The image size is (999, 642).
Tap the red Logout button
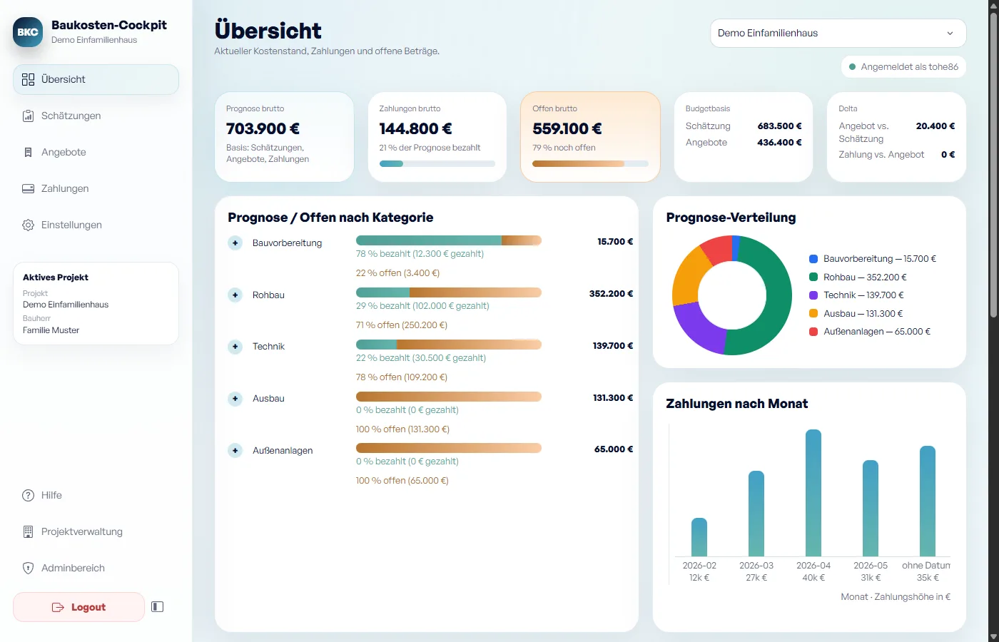pyautogui.click(x=79, y=607)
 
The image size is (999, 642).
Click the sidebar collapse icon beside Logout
pyautogui.click(x=158, y=607)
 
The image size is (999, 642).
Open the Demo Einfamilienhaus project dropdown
pyautogui.click(x=838, y=33)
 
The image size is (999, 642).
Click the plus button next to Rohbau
pyautogui.click(x=235, y=295)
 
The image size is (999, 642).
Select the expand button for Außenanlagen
pyautogui.click(x=235, y=450)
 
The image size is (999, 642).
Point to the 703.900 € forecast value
pyautogui.click(x=263, y=128)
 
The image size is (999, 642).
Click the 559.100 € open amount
pyautogui.click(x=567, y=128)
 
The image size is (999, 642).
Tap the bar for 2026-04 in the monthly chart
pyautogui.click(x=813, y=493)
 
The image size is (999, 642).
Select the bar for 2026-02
pyautogui.click(x=699, y=536)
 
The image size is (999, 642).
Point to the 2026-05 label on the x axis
pyautogui.click(x=871, y=565)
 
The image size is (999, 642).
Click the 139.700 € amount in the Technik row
pyautogui.click(x=613, y=345)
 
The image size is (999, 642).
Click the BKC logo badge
pyautogui.click(x=28, y=32)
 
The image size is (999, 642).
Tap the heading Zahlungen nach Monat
pyautogui.click(x=736, y=404)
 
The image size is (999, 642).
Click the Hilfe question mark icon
pyautogui.click(x=28, y=495)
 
